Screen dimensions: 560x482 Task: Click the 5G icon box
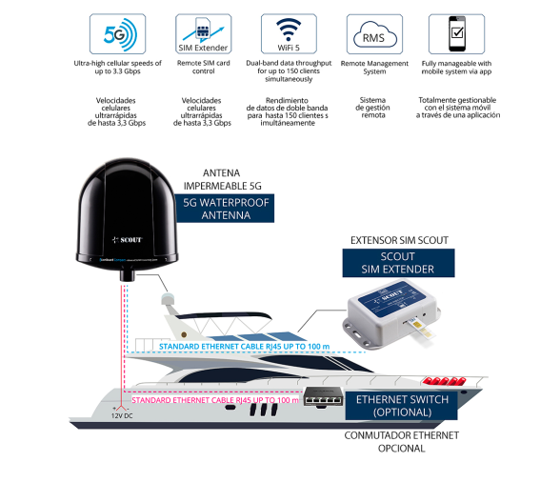pos(117,34)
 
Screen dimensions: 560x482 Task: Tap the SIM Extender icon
pos(203,34)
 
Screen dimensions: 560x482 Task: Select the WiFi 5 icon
pos(289,34)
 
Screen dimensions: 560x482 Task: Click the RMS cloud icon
pos(374,34)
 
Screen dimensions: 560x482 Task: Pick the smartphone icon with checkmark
pos(457,34)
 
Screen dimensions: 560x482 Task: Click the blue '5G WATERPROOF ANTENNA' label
pos(225,209)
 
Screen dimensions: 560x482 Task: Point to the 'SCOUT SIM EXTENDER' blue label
pos(398,263)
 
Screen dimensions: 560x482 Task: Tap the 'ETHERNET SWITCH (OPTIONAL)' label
pos(402,406)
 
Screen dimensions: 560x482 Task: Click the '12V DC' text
pos(122,416)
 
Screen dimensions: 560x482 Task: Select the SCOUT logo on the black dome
pos(128,240)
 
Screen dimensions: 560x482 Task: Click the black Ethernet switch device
pos(324,396)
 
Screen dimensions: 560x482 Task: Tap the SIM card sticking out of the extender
pos(423,328)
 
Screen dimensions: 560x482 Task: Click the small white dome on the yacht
pos(168,299)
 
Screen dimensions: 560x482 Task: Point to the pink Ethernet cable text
pos(215,400)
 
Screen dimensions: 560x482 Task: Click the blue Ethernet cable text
pos(244,347)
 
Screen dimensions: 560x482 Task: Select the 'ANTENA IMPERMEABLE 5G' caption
pos(222,179)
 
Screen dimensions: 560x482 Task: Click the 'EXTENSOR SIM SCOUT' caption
pos(399,240)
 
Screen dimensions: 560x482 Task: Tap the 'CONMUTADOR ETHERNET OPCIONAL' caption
pos(402,442)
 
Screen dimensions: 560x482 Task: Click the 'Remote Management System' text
pos(374,68)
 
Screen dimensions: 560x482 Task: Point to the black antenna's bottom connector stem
pos(128,275)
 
